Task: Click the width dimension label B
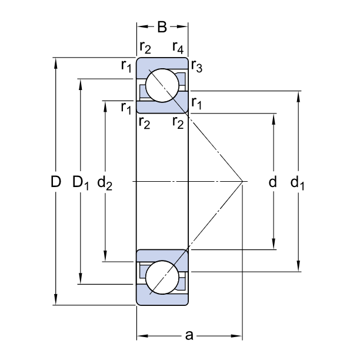tap(162, 26)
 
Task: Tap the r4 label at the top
tap(179, 46)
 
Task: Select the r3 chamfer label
tap(196, 68)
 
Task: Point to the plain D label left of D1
tap(55, 182)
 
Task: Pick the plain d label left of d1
tap(272, 182)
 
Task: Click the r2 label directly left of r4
tap(145, 46)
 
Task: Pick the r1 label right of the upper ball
tap(196, 105)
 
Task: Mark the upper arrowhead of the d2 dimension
tap(105, 105)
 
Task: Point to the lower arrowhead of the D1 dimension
tap(81, 281)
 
